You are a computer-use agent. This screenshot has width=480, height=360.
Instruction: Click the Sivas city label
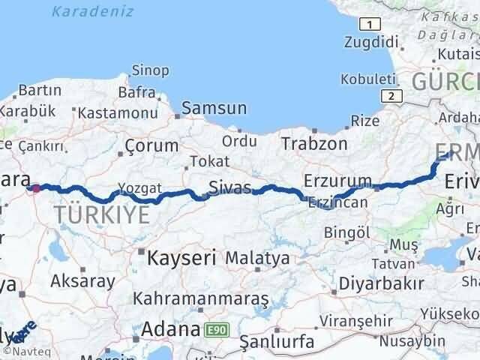pos(229,187)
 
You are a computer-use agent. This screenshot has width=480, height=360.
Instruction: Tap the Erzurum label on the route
pos(337,181)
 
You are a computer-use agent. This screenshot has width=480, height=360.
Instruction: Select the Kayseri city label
pos(182,258)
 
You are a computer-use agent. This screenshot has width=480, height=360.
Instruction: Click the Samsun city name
pos(214,108)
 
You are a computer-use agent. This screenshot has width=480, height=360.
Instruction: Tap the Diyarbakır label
pos(381,283)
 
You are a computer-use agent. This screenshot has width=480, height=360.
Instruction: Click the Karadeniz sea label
pos(93,11)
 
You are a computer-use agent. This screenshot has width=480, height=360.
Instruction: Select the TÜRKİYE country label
pos(101,216)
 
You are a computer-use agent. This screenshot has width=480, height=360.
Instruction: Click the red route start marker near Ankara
pos(35,188)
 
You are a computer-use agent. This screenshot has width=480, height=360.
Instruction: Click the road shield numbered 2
pos(390,95)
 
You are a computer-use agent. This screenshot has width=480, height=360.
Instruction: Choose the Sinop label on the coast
pos(139,70)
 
